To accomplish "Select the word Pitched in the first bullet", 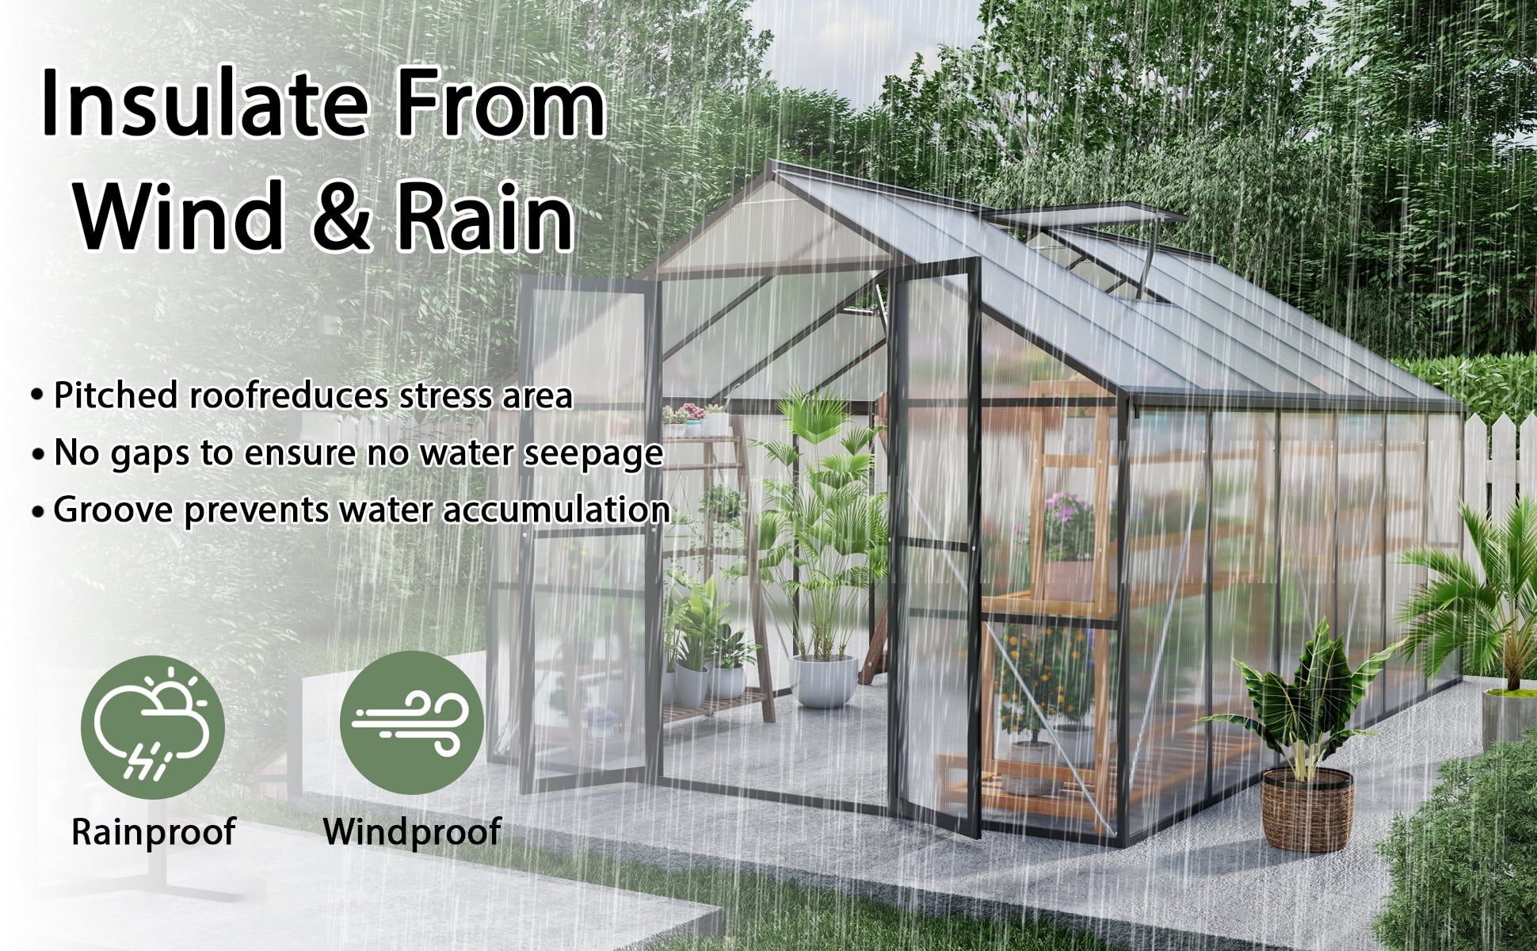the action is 114,395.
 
